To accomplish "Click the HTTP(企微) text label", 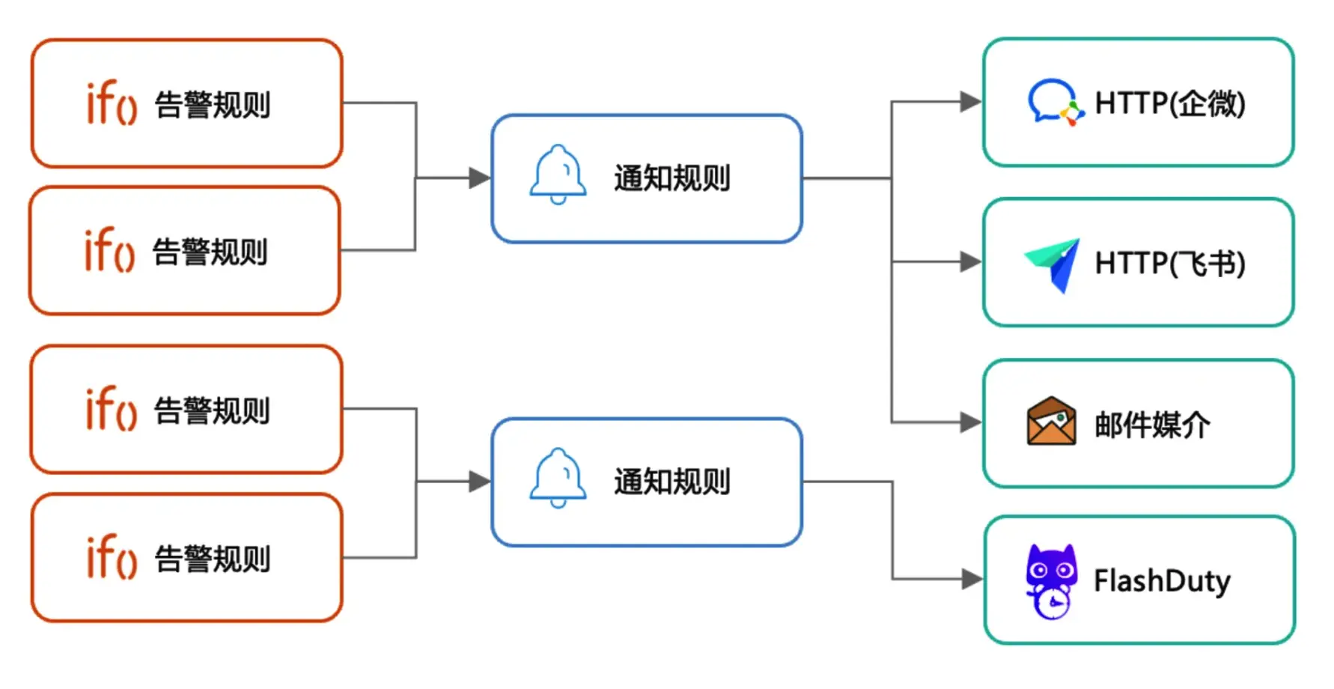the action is pyautogui.click(x=1170, y=103).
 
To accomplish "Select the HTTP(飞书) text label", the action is pyautogui.click(x=1170, y=264).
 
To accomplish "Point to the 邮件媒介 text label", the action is pyautogui.click(x=1152, y=425).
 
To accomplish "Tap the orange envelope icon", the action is pyautogui.click(x=1052, y=421).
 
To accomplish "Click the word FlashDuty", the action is pyautogui.click(x=1162, y=581).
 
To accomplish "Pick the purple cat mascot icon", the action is pyautogui.click(x=1051, y=581).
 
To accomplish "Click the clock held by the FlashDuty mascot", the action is pyautogui.click(x=1053, y=603).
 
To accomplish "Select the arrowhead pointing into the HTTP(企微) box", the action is pyautogui.click(x=971, y=102).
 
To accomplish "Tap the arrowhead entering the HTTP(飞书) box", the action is pyautogui.click(x=971, y=262).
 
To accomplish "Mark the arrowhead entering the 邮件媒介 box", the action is pyautogui.click(x=971, y=422).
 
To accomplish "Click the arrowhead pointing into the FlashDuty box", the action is pyautogui.click(x=972, y=579).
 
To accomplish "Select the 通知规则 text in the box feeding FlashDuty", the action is pyautogui.click(x=672, y=482).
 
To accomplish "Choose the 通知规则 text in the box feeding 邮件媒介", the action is pyautogui.click(x=672, y=178).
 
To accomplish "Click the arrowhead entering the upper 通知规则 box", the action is pyautogui.click(x=480, y=178).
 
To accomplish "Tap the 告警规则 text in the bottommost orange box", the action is pyautogui.click(x=213, y=559).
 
